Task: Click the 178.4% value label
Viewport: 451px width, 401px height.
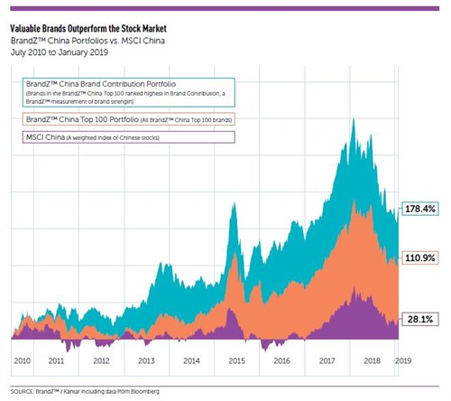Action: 421,208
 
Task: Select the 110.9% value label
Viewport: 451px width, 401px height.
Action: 421,258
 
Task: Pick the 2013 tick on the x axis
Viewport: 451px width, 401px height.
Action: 146,359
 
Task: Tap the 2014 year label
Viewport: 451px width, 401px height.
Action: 192,359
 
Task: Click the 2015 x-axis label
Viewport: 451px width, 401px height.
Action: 237,359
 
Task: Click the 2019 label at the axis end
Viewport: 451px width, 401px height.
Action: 405,359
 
